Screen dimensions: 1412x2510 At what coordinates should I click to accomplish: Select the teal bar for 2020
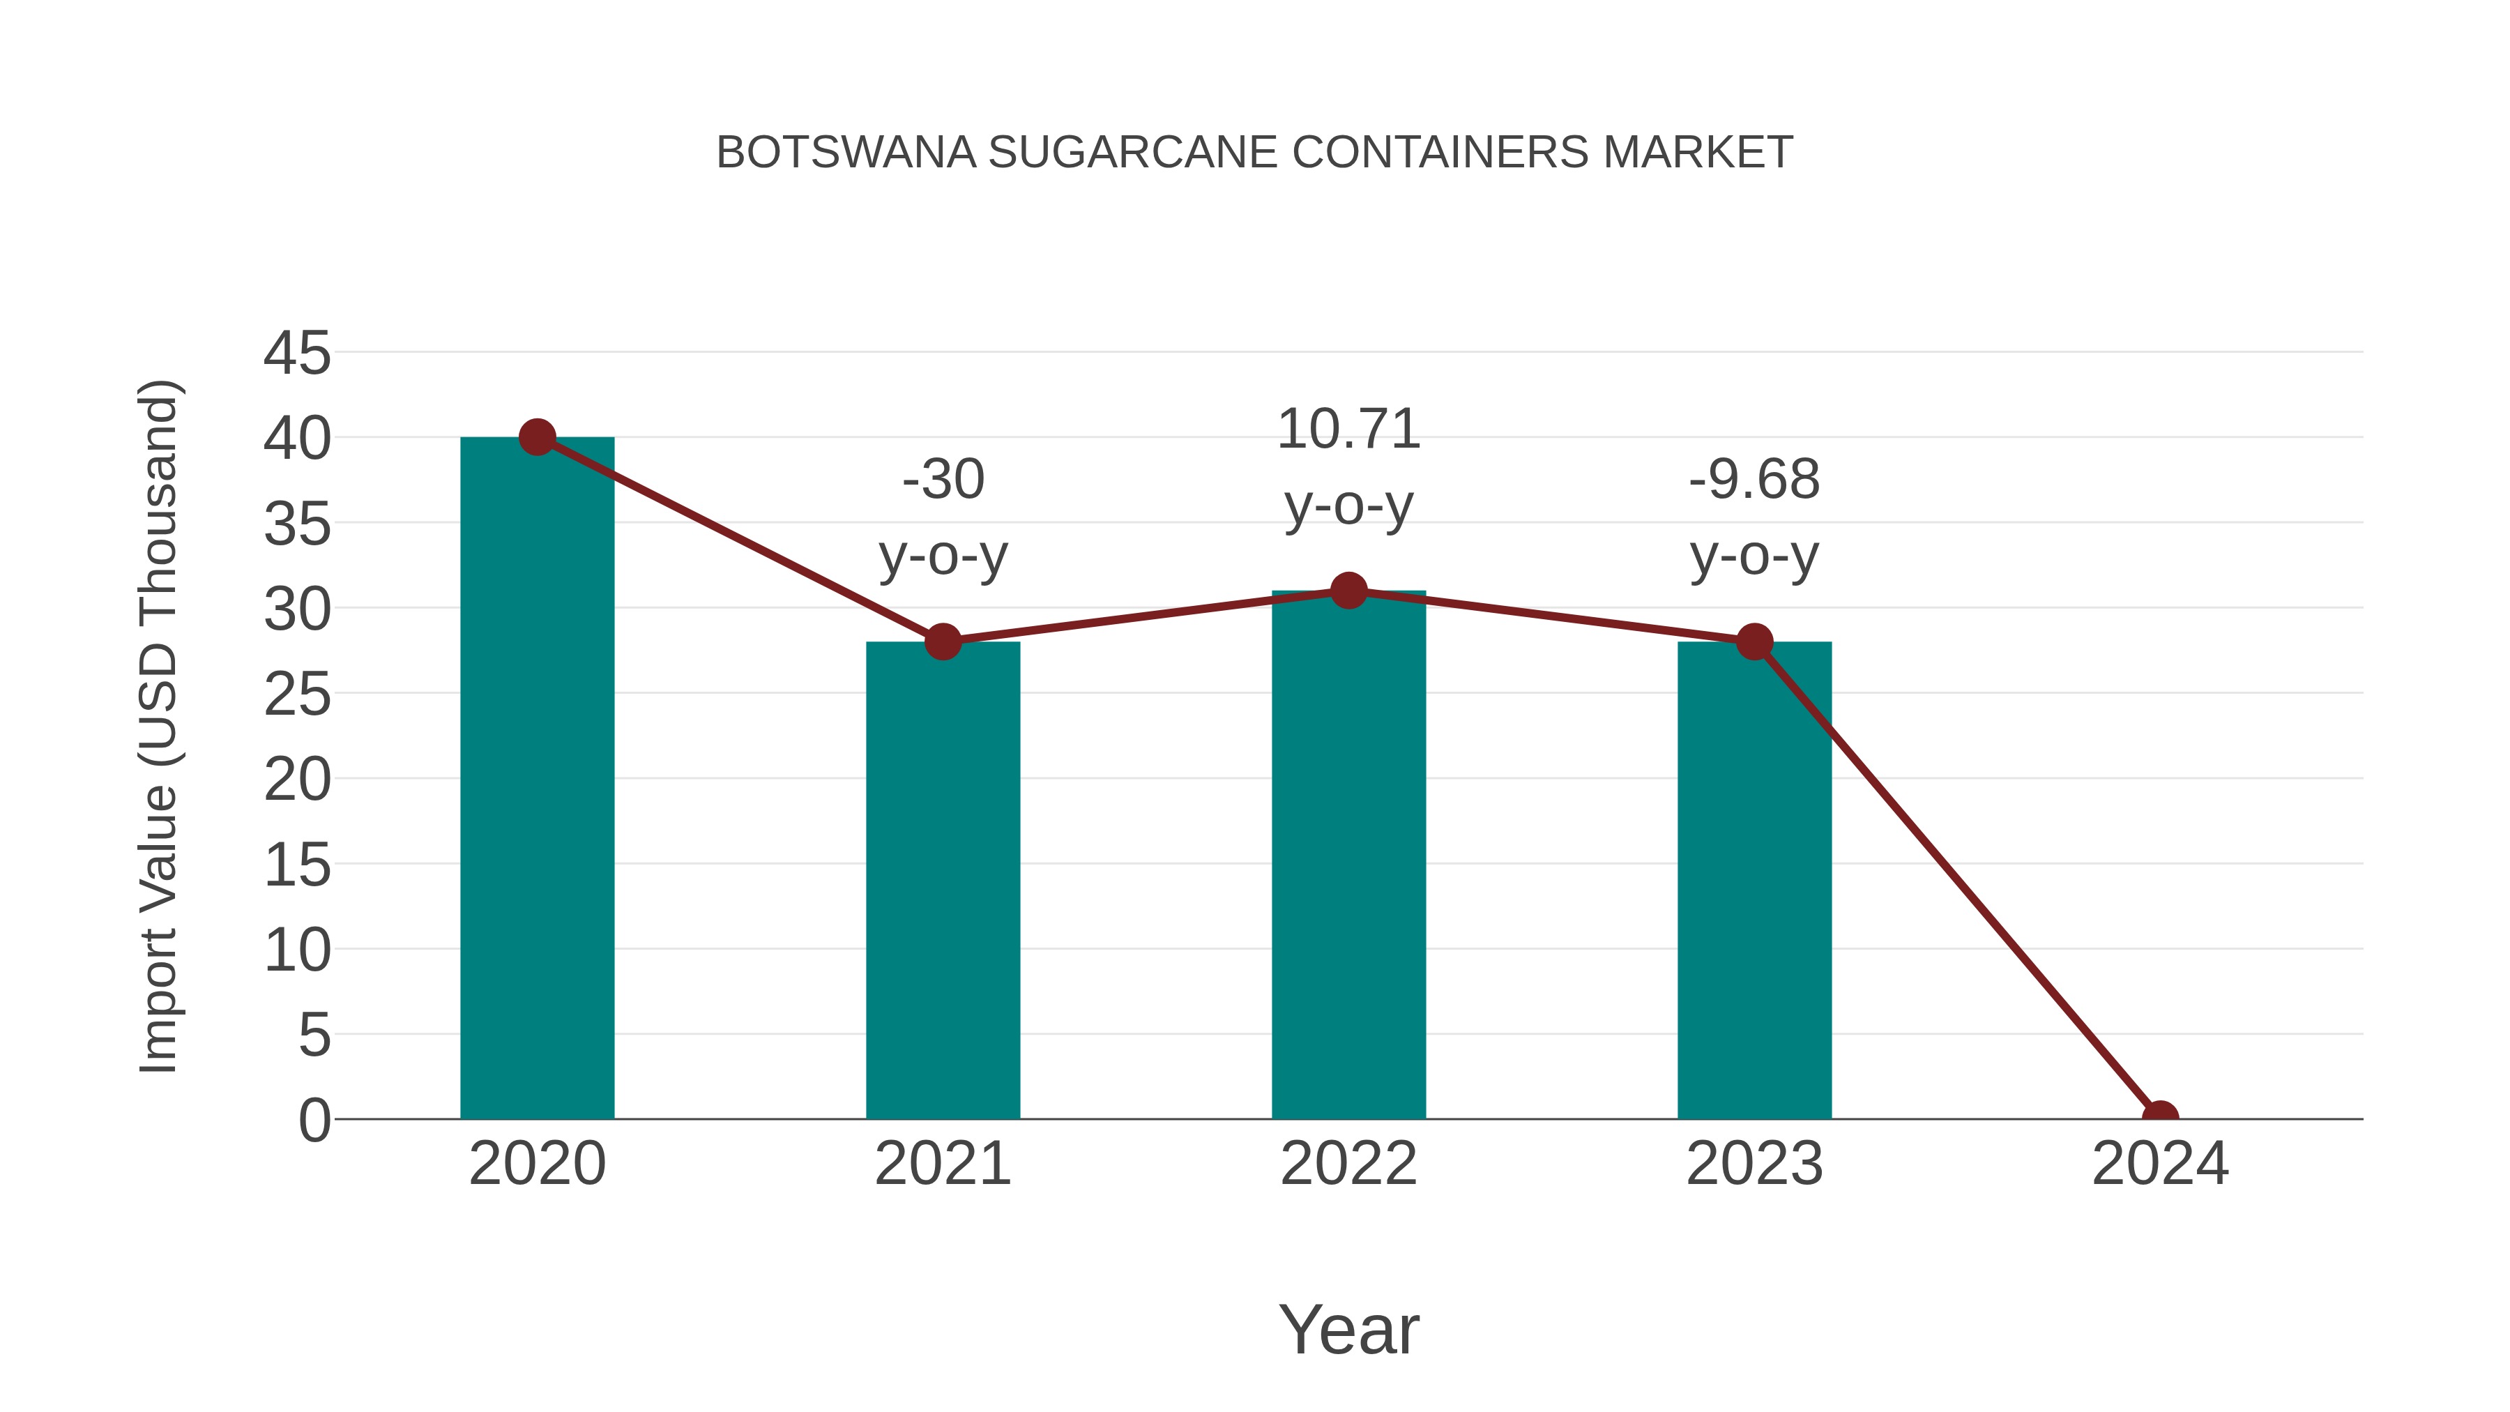[537, 780]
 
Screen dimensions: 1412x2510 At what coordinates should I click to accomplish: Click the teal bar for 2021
[942, 882]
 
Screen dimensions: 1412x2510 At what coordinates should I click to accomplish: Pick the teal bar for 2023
[1754, 882]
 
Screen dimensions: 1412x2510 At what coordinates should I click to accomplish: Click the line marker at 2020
[537, 437]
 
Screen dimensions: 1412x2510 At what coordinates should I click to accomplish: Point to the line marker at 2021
[942, 642]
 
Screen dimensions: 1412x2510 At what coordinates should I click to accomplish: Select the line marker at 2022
[1348, 591]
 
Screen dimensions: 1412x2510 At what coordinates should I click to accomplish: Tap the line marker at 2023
[1754, 642]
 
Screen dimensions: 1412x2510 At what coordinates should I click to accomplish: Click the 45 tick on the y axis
[297, 353]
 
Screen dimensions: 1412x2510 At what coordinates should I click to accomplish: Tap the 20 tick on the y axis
[297, 780]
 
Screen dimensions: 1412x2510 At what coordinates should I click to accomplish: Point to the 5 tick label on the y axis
[314, 1035]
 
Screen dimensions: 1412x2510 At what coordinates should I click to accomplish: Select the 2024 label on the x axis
[2159, 1164]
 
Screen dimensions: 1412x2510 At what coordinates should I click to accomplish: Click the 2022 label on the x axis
[1348, 1164]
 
